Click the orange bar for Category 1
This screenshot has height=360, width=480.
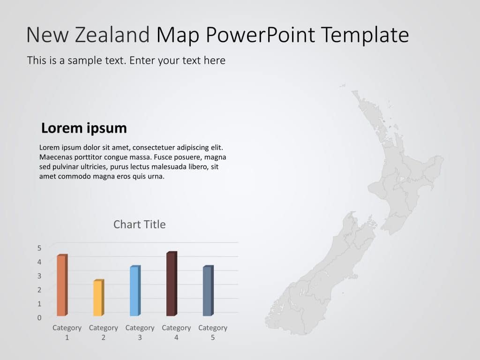pos(61,285)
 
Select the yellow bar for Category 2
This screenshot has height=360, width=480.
pos(97,298)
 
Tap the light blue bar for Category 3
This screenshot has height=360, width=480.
pos(134,291)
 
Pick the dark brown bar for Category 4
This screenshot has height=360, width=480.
pos(171,284)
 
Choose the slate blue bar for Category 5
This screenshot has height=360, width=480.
pos(207,291)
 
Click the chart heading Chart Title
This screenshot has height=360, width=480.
pos(139,225)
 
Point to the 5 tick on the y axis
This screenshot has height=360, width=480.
pos(39,247)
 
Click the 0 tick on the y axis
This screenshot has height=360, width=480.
pos(39,317)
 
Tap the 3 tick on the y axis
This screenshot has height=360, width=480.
pos(39,276)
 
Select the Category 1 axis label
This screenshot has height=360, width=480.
pos(67,332)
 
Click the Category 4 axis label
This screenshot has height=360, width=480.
pos(176,332)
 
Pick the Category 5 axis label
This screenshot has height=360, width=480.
pos(213,332)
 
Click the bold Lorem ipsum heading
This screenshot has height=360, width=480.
pos(84,128)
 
